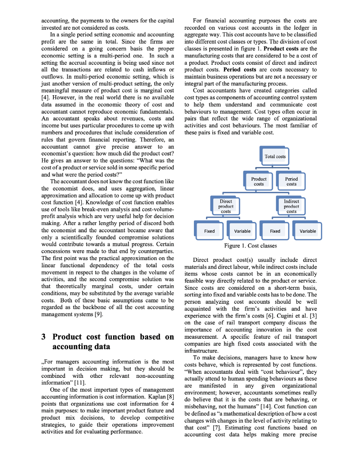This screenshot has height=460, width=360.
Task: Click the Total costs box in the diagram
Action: click(x=275, y=156)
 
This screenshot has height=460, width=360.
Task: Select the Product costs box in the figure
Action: click(x=259, y=181)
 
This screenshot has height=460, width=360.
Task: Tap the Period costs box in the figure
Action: click(x=291, y=181)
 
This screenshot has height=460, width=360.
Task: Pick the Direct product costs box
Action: click(x=226, y=206)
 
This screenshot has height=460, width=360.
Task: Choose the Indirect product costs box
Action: click(x=291, y=206)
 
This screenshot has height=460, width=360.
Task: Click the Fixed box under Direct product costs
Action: click(x=209, y=231)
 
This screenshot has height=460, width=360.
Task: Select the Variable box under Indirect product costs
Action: click(x=307, y=231)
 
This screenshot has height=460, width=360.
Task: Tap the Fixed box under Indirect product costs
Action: click(x=275, y=231)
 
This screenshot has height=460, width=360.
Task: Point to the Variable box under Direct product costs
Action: click(x=242, y=231)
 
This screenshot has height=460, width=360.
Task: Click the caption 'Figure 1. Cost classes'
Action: click(x=250, y=246)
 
